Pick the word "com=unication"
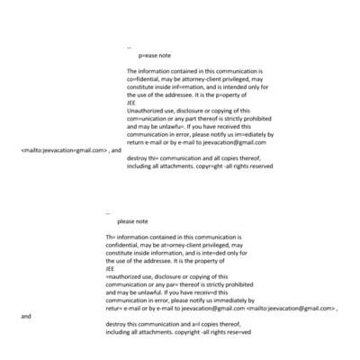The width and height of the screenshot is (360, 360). [x=150, y=118]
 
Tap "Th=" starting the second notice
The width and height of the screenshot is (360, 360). [x=111, y=237]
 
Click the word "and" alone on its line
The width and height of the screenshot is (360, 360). [x=25, y=316]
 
